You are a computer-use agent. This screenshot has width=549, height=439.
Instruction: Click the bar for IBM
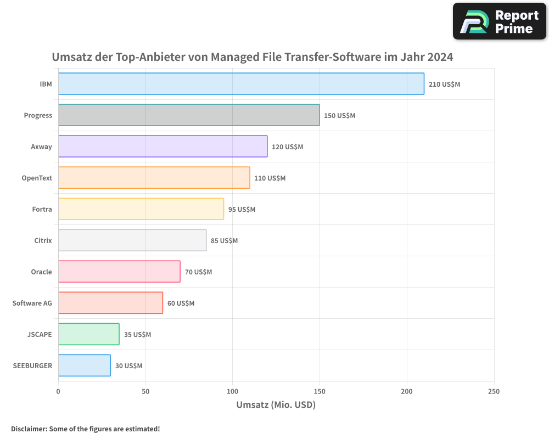(241, 84)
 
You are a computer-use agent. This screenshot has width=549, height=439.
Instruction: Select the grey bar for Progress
(189, 115)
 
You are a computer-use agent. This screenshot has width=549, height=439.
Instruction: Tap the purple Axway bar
(163, 147)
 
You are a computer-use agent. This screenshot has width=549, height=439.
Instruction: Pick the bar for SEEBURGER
(84, 365)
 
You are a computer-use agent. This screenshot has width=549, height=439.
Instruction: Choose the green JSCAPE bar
(88, 334)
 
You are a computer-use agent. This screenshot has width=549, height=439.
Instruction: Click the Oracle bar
(119, 272)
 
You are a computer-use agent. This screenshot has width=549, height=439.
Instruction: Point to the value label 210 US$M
(444, 85)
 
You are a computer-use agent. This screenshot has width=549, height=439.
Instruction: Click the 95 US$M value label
(242, 210)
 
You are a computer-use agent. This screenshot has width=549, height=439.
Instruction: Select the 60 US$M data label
(181, 303)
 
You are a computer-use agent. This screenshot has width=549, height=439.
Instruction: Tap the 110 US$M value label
(270, 178)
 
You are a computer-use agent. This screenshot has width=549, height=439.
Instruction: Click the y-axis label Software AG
(32, 303)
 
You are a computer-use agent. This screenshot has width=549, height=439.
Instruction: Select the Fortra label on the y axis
(42, 209)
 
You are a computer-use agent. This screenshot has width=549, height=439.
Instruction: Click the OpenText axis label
(37, 178)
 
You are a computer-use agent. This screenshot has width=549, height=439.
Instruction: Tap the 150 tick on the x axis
(320, 391)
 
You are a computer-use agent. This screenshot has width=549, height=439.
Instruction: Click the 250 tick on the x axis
(494, 391)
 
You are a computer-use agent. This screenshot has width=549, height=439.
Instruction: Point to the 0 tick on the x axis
(58, 391)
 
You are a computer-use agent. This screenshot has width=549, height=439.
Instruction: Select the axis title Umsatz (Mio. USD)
(276, 405)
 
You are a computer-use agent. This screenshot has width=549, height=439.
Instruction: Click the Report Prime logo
(499, 21)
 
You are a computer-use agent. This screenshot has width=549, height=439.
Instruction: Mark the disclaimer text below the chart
(85, 429)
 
